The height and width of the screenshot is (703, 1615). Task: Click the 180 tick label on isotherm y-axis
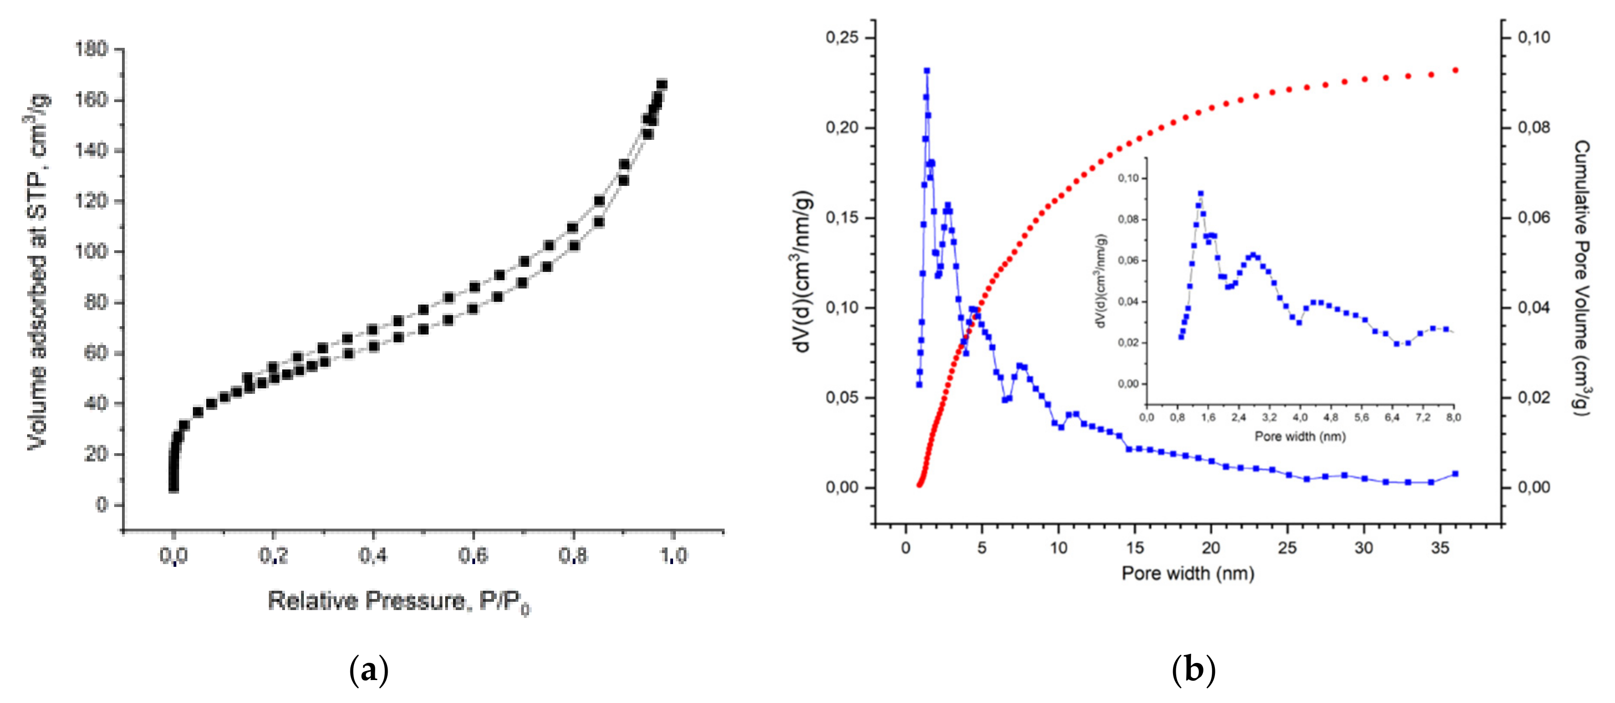point(92,49)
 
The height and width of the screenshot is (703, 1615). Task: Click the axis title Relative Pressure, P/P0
point(399,601)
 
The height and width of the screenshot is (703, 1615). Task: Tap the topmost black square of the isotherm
point(662,85)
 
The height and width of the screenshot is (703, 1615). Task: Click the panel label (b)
point(1193,670)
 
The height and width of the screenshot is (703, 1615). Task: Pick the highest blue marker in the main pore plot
point(927,71)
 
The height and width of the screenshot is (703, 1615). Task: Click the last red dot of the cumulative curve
point(1455,70)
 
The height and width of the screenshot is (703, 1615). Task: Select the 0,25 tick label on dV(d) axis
point(842,38)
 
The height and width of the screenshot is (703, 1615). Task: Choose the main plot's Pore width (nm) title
point(1187,573)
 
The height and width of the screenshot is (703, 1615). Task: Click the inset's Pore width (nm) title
point(1300,436)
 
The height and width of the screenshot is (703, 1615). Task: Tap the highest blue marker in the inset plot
point(1201,194)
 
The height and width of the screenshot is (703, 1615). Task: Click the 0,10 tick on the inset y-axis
point(1128,179)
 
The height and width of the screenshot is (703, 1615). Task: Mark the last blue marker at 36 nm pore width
point(1455,474)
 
